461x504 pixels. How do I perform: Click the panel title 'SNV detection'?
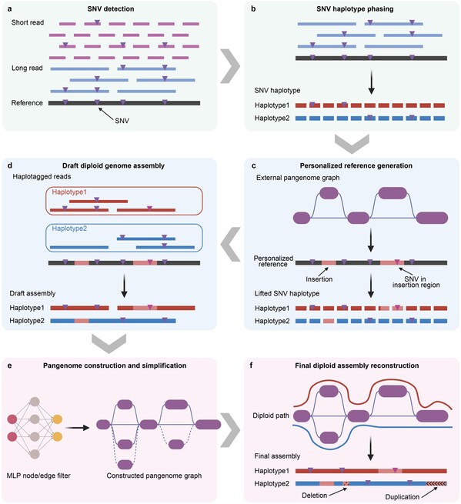[115, 8]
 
